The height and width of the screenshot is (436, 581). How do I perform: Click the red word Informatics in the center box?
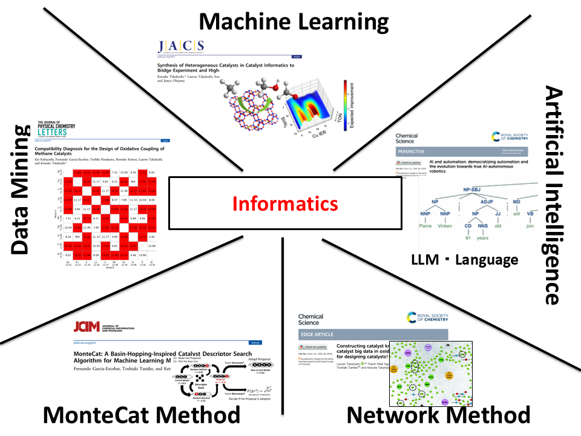(x=285, y=204)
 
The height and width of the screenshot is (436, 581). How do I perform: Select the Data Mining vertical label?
(x=20, y=190)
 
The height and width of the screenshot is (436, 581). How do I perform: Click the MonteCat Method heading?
(x=141, y=415)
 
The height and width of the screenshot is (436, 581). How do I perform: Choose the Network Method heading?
(x=438, y=415)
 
